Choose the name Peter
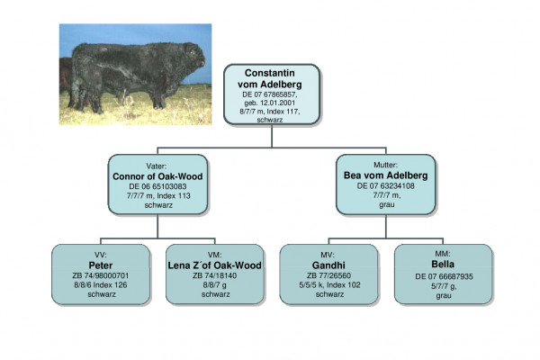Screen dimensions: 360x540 tap(94, 265)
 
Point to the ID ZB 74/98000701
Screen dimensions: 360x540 tap(94, 275)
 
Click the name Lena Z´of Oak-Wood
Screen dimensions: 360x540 tap(214, 265)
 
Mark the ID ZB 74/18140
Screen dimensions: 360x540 tap(214, 275)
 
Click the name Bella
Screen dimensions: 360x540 tap(443, 265)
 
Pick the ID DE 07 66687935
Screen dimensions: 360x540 tap(443, 275)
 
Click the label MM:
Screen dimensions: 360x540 tap(443, 254)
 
